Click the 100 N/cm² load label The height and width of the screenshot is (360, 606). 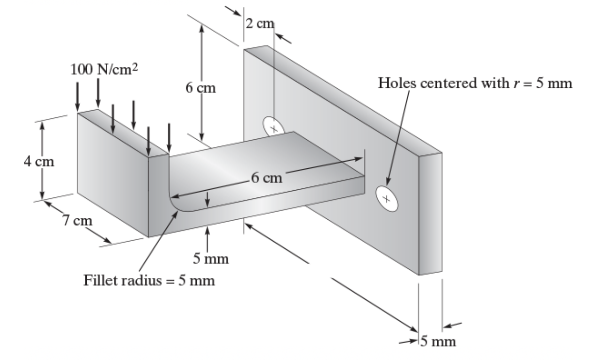click(x=104, y=69)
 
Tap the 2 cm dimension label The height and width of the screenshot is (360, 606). click(x=260, y=24)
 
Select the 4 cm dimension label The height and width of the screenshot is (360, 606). click(x=39, y=162)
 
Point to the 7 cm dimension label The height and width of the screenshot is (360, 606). click(x=78, y=220)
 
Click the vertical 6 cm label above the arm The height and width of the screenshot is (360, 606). click(x=201, y=88)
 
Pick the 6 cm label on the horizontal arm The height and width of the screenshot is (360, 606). click(x=267, y=178)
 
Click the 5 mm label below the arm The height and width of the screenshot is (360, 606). click(x=211, y=259)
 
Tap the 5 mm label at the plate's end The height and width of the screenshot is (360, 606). click(x=438, y=341)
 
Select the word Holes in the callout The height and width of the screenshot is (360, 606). click(x=397, y=83)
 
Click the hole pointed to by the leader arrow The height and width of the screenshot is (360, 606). click(x=387, y=199)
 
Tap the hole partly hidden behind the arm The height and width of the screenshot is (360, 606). click(x=273, y=127)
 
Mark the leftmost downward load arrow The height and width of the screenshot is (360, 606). click(x=78, y=97)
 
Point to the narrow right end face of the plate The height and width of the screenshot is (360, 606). click(x=430, y=214)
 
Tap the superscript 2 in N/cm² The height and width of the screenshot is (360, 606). click(x=135, y=67)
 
